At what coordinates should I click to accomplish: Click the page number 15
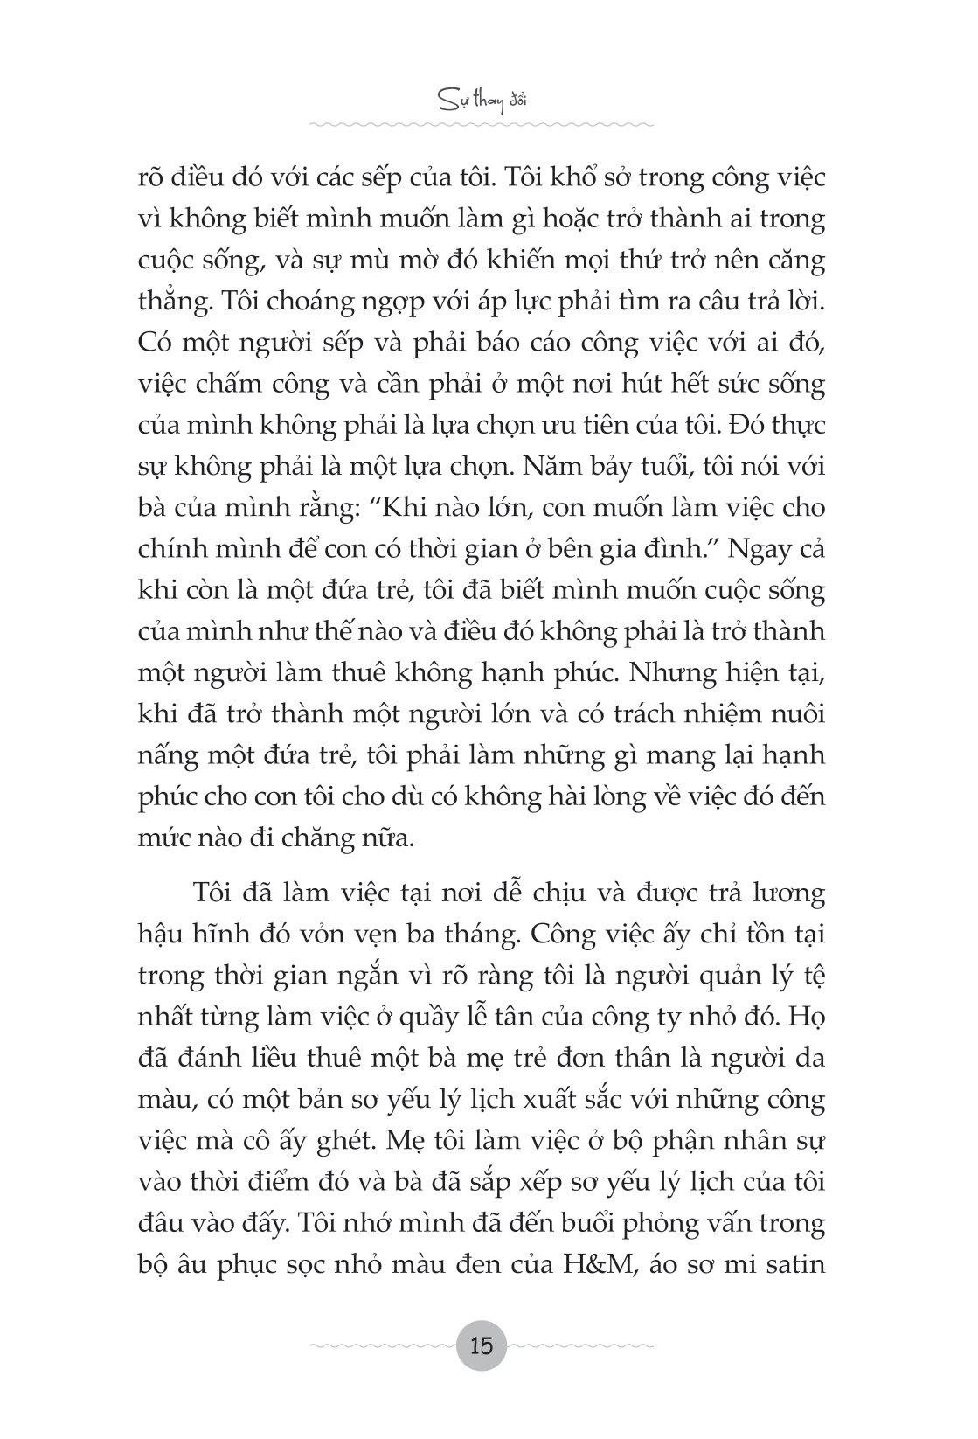(482, 1345)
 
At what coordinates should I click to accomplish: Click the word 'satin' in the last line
(796, 1264)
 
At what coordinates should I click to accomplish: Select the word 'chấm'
(233, 384)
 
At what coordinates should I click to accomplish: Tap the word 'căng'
(794, 261)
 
